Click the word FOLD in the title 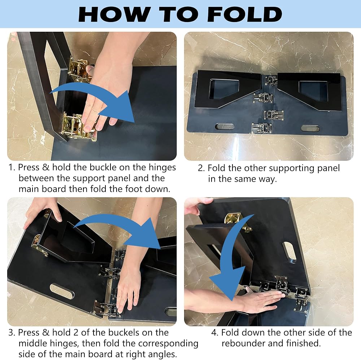(x=245, y=14)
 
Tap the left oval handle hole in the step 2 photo (x=225, y=126)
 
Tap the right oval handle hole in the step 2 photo (x=310, y=128)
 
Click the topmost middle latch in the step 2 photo (x=271, y=80)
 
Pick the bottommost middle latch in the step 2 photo (x=261, y=128)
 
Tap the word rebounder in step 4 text (x=243, y=343)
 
